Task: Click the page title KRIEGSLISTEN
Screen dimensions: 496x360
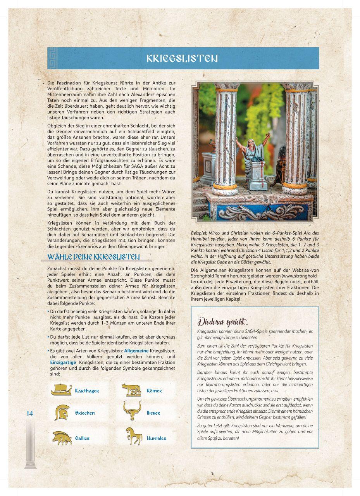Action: point(182,59)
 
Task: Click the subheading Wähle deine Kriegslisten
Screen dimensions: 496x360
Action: point(93,257)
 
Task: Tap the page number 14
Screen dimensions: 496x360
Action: point(30,413)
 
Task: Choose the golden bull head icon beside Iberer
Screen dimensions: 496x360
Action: point(133,411)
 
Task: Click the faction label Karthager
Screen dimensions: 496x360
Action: point(87,391)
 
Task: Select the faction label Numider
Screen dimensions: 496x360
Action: point(157,438)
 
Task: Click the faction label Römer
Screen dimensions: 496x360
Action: point(154,391)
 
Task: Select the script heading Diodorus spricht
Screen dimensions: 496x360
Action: point(223,322)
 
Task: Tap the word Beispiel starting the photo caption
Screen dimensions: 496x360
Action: point(199,233)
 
